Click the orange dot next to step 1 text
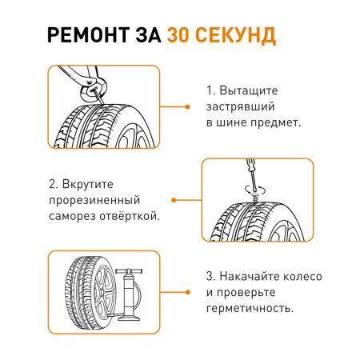186,106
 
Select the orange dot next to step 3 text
186,292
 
